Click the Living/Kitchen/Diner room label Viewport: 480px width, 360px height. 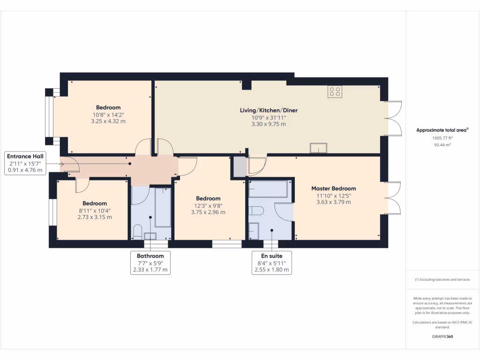pos(269,110)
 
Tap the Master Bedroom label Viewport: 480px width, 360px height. pos(333,188)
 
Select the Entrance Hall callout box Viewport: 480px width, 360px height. pos(26,163)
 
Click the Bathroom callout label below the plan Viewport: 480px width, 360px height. pos(150,263)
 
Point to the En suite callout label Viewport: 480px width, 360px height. pos(272,263)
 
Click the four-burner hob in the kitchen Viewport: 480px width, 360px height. pos(335,92)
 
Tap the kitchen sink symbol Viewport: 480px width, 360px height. pos(319,148)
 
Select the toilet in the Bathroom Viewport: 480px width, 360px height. pos(138,231)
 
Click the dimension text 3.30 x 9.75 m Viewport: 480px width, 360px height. pos(269,124)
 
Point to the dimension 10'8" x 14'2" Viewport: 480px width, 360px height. pos(108,114)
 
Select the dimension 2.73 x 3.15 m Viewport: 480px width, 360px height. pos(95,217)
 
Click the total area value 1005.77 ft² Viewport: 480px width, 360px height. pos(442,138)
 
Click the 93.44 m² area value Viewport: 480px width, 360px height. pos(442,145)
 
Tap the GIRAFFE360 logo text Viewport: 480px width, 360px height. pos(442,337)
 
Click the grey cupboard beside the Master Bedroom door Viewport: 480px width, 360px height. pos(240,167)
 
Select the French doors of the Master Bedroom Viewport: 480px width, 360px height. pos(393,198)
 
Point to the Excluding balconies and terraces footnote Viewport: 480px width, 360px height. pos(442,279)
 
